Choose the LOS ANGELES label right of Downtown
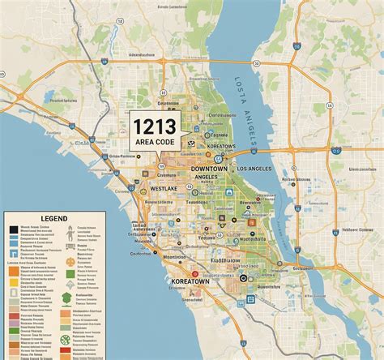point(254,168)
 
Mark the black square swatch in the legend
point(14,230)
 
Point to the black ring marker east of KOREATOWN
point(244,278)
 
